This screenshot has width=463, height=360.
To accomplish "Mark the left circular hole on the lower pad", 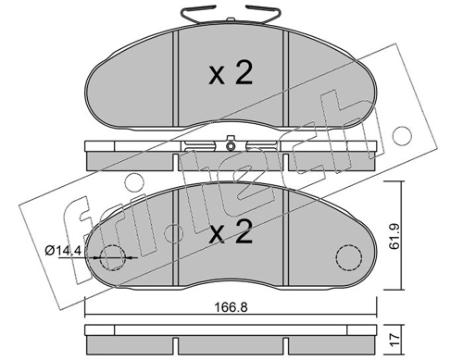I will tap(113, 258).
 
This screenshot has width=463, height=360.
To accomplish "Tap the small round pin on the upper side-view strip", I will tap(228, 144).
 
